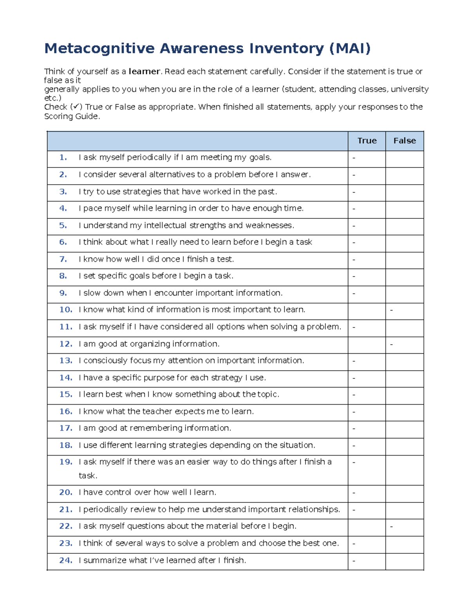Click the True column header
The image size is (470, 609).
367,141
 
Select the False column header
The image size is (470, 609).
405,141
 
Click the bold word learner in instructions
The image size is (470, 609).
144,71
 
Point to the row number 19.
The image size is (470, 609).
65,462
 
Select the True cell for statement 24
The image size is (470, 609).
367,561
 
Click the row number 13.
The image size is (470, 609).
65,361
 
